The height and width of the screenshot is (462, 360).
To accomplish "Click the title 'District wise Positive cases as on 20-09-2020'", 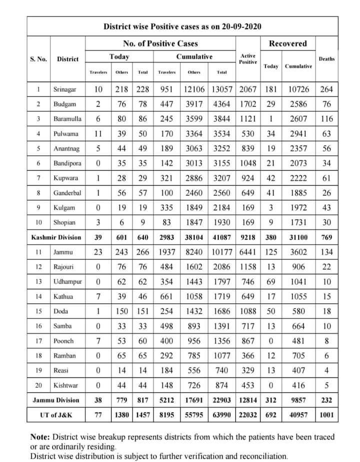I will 182,26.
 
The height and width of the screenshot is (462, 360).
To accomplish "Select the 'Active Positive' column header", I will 247,59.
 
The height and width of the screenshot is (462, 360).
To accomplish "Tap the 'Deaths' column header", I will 326,59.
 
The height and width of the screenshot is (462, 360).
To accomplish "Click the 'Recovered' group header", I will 287,43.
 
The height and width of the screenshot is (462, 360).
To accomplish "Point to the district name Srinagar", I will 65,90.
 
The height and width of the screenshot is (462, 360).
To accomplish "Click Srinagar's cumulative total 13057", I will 222,90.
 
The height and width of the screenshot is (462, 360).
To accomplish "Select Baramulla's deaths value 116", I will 326,119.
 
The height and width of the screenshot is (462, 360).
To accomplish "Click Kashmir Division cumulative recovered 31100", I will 298,237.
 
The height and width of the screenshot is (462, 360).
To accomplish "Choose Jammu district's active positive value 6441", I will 248,252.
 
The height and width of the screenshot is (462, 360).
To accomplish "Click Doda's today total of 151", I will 143,311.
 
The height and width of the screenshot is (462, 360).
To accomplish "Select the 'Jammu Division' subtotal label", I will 55,400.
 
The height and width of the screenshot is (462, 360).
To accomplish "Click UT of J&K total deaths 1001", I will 326,415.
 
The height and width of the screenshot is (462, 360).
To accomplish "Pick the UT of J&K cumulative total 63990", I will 222,415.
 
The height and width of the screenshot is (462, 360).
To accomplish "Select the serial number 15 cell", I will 38,311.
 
